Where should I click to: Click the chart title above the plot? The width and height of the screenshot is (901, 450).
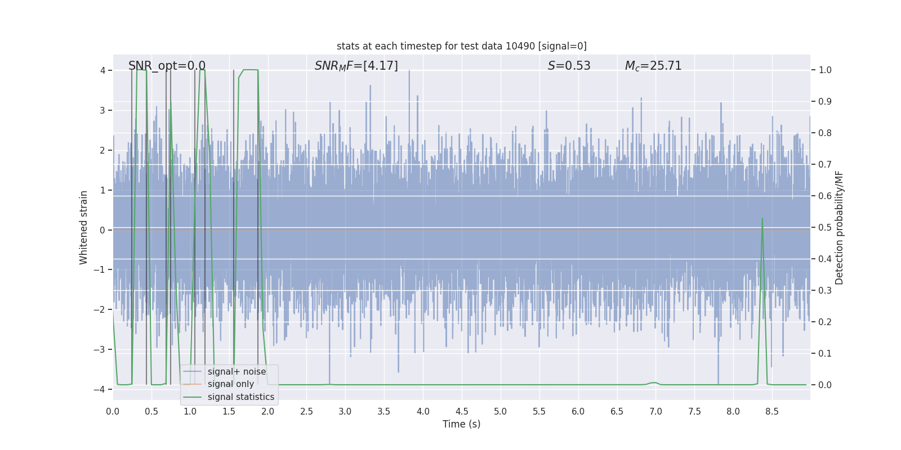click(x=461, y=46)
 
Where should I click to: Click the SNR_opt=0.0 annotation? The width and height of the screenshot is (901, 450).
click(x=167, y=66)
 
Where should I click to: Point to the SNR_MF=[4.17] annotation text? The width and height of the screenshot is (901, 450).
click(x=356, y=66)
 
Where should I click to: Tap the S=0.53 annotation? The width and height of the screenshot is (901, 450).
click(x=569, y=66)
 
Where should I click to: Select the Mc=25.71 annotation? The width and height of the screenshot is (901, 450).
click(x=653, y=66)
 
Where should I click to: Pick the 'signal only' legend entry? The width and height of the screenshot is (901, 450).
click(x=230, y=384)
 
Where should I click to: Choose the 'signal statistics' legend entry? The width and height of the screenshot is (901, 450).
click(x=240, y=397)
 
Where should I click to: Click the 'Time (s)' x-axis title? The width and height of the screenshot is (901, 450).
click(x=461, y=424)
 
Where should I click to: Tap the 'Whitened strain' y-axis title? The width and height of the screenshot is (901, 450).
click(x=84, y=227)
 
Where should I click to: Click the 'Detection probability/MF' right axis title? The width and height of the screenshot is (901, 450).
click(x=839, y=227)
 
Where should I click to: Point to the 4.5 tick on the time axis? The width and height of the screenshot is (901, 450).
click(x=462, y=411)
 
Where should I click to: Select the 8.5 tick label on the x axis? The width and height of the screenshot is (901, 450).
click(x=772, y=411)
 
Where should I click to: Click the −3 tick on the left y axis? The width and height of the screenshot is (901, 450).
click(x=102, y=349)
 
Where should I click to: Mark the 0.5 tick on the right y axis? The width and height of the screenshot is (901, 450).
click(x=825, y=228)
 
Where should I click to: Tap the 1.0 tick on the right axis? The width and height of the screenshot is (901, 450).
click(x=825, y=70)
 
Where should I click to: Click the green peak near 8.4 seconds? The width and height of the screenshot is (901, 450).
click(x=762, y=219)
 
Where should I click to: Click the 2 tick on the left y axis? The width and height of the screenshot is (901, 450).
click(x=102, y=150)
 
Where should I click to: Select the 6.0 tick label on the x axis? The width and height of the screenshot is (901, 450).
click(x=578, y=411)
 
